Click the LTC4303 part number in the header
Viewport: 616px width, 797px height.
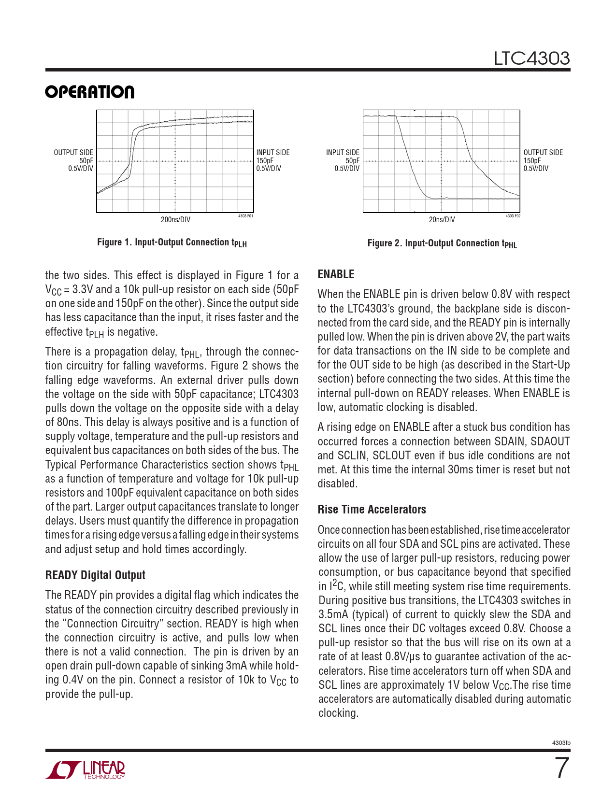531,58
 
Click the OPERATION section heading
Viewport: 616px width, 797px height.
90,92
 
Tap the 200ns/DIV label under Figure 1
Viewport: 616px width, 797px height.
175,220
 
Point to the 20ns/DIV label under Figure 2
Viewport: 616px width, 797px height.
442,220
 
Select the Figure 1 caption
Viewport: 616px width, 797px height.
172,242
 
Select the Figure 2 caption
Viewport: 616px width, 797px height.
442,243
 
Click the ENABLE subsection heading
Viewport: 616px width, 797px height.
336,274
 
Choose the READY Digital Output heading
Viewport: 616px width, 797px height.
95,575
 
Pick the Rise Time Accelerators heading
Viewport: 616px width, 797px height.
372,510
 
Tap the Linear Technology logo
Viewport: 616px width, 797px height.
86,770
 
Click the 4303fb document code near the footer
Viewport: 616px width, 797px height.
561,743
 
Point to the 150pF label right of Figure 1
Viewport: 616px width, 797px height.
265,161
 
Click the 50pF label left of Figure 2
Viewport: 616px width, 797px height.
352,161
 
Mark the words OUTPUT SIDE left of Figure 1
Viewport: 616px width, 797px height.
73,153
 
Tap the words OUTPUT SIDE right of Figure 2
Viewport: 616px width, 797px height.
543,153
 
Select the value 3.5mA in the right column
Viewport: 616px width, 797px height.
333,614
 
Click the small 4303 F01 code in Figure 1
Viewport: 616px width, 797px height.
245,216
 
